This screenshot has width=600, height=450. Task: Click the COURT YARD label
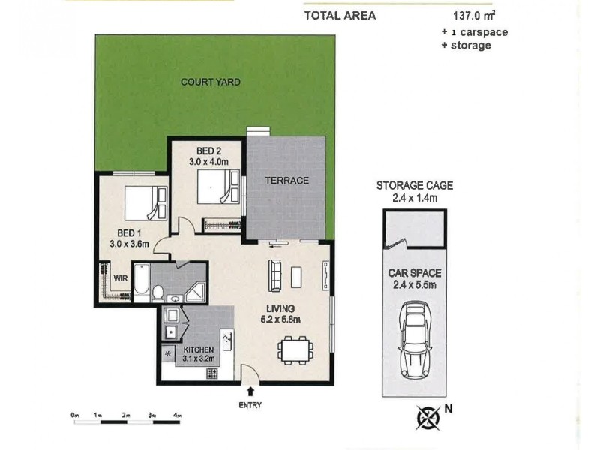210,82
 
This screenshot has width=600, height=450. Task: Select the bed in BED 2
217,186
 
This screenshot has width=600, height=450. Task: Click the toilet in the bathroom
158,292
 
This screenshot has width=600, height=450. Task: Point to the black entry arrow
250,390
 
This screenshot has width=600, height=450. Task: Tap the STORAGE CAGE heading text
415,186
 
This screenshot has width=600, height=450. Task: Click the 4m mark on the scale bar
178,415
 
